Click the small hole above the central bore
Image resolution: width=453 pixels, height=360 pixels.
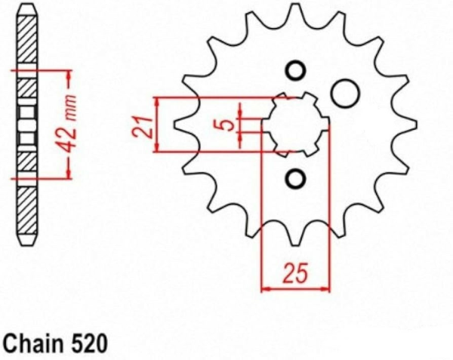pos(295,71)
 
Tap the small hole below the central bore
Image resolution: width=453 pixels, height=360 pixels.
pos(295,179)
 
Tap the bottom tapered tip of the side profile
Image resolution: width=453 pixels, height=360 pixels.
pos(27,240)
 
